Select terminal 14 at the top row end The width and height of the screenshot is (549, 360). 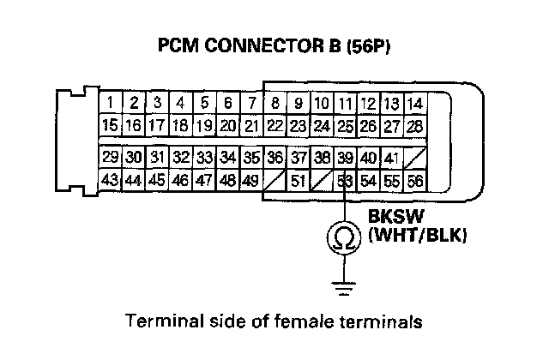[x=415, y=105]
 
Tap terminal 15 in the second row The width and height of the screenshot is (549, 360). [x=110, y=125]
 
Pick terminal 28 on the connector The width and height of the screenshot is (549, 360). [x=415, y=125]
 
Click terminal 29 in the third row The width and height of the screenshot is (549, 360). [x=110, y=158]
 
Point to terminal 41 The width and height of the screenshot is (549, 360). [x=391, y=158]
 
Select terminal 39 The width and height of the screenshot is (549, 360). [x=345, y=158]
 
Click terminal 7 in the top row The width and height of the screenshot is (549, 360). [x=251, y=105]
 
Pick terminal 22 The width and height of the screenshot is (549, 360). [x=274, y=125]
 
